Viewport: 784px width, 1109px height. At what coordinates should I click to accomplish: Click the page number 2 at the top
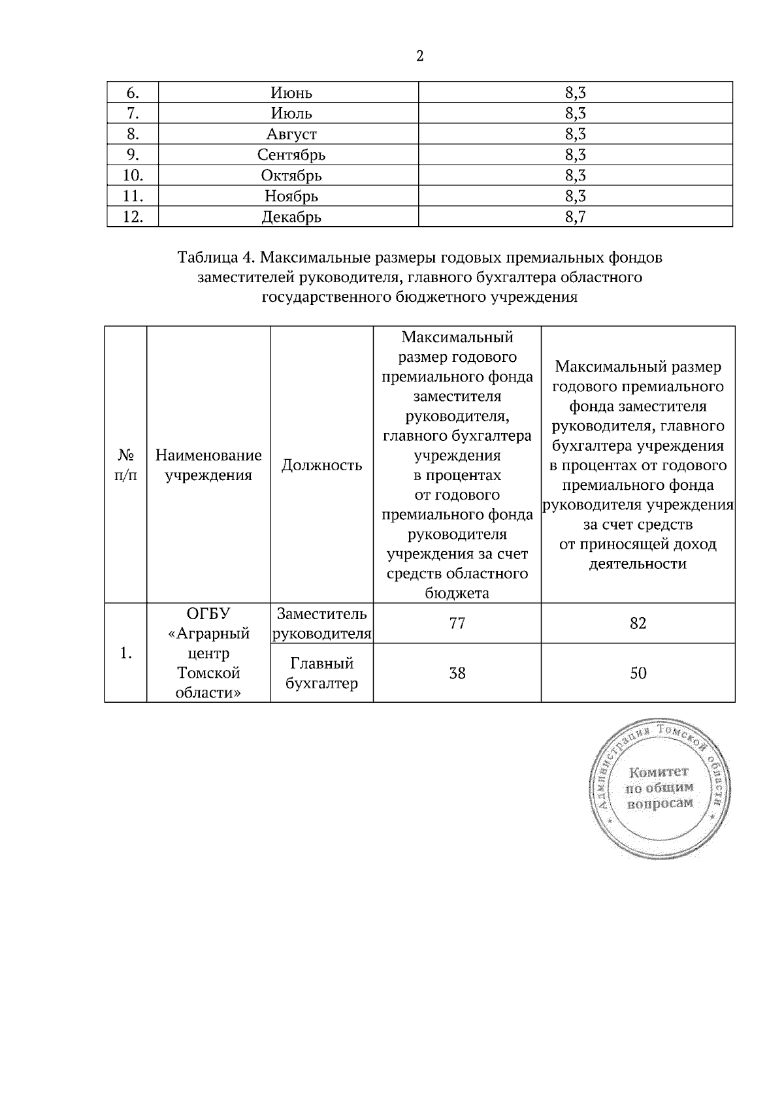coord(419,56)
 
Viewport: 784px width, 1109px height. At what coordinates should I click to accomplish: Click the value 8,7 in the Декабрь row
coord(575,217)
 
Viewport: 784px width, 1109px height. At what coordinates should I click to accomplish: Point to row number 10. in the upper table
coord(133,175)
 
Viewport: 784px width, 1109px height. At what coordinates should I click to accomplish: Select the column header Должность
coord(321,465)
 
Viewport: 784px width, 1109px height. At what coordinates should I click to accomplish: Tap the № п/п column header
coord(126,464)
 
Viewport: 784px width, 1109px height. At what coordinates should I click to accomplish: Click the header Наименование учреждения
coord(208,464)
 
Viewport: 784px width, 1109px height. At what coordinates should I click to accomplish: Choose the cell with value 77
coord(457,623)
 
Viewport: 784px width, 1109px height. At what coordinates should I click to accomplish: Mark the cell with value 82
coord(638,623)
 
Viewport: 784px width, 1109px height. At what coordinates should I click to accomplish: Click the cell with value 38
coord(457,673)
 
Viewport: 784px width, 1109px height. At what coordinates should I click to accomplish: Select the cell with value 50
coord(638,673)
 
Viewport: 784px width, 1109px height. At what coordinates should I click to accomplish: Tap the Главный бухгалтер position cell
coord(321,673)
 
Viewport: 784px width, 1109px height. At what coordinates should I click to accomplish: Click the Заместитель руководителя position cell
coord(321,623)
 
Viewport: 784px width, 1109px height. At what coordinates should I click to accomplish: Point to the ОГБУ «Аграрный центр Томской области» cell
coord(208,652)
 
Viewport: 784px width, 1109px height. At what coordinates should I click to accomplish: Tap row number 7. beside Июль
coord(133,114)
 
